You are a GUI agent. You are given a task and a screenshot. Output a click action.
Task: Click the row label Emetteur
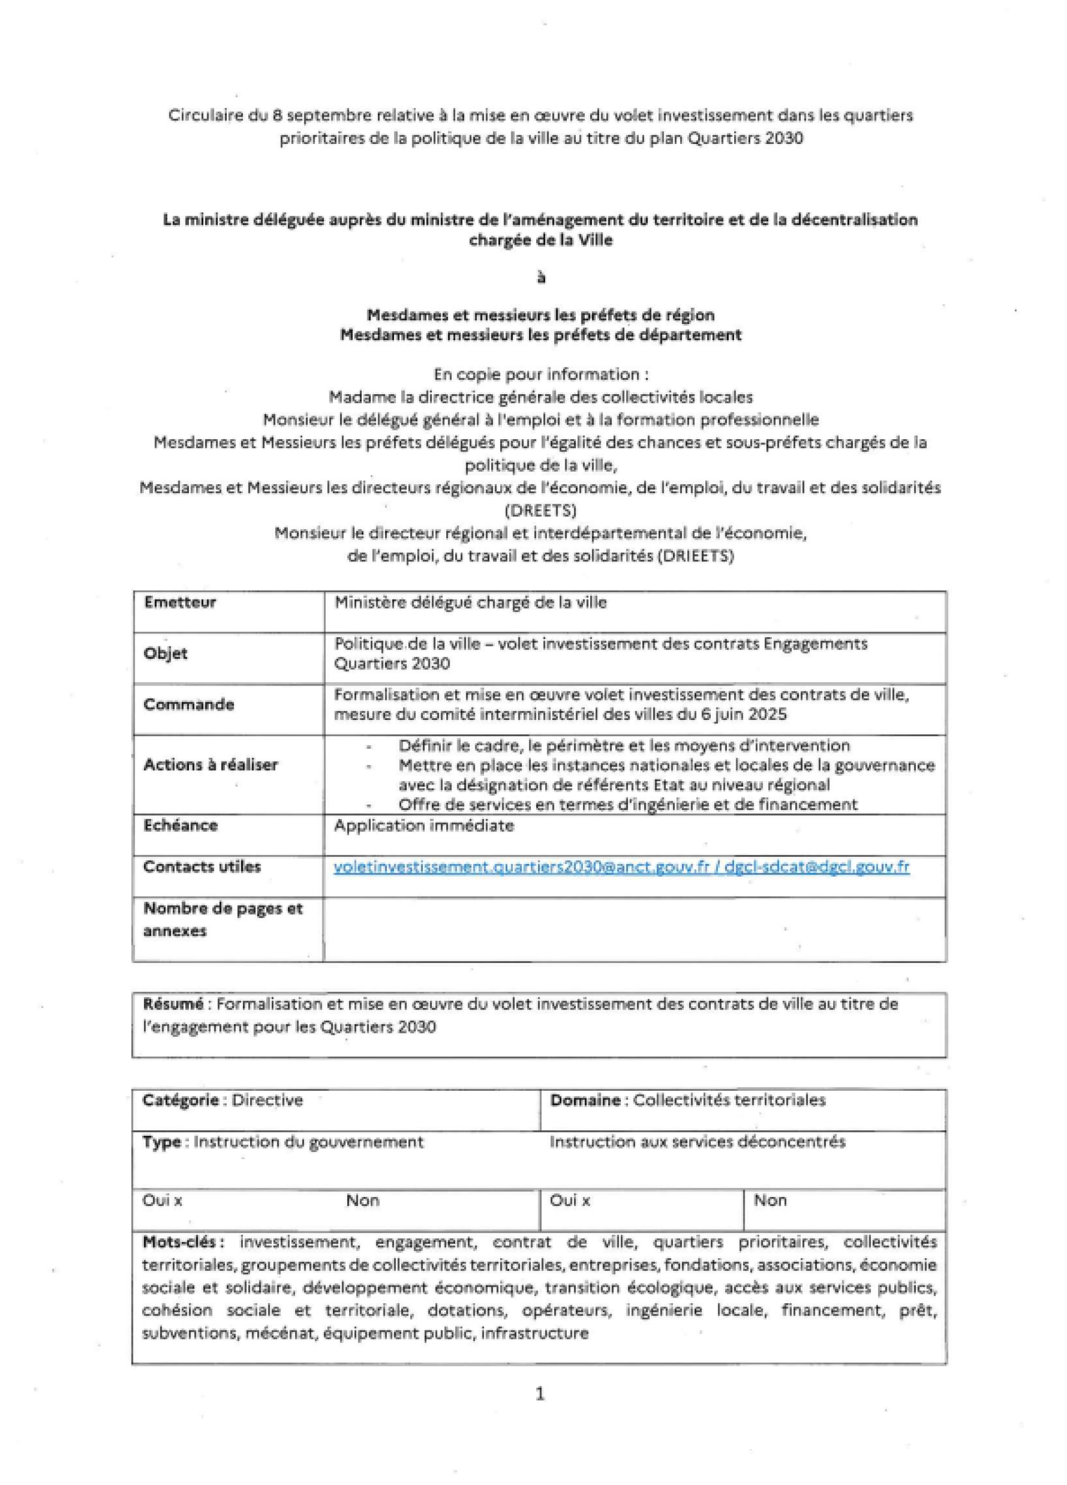(180, 602)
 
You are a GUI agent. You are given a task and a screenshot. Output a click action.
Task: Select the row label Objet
(165, 653)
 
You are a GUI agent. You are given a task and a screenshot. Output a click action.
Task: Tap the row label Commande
(188, 704)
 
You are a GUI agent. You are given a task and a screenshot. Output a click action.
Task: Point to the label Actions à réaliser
(210, 765)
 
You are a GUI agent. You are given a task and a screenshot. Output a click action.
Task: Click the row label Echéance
(180, 825)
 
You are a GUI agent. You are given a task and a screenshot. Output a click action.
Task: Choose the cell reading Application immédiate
(423, 826)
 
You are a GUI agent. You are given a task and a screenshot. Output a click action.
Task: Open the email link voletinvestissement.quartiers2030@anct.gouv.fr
(521, 867)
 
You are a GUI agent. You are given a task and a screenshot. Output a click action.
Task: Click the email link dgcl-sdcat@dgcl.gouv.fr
(816, 867)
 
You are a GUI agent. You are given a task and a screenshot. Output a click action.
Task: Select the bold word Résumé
(173, 1004)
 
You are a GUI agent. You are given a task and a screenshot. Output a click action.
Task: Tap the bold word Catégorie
(180, 1100)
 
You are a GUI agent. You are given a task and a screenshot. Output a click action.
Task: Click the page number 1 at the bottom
(540, 1394)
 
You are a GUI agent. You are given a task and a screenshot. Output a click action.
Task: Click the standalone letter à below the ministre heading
(541, 277)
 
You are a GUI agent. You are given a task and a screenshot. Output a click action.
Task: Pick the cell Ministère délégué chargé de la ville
(470, 602)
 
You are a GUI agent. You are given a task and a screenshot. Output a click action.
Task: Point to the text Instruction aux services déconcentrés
(697, 1142)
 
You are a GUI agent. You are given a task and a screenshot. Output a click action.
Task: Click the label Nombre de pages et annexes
(222, 919)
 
